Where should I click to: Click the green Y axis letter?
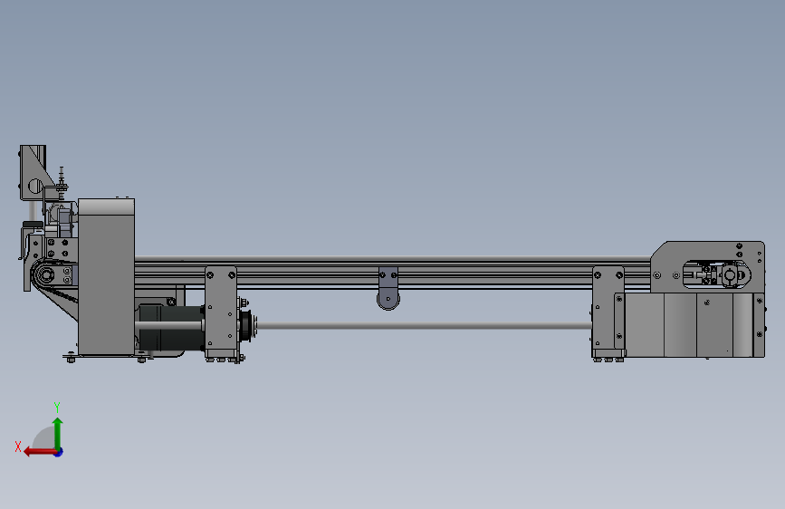[x=57, y=407]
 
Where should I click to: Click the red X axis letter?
[x=18, y=447]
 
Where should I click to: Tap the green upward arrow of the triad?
[x=58, y=433]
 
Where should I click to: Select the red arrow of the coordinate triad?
[x=40, y=452]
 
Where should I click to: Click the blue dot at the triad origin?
[x=59, y=452]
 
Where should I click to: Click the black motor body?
[x=170, y=327]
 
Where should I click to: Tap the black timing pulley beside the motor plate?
[x=246, y=326]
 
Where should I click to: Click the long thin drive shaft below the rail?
[x=424, y=326]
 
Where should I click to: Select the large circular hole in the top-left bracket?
[x=35, y=187]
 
